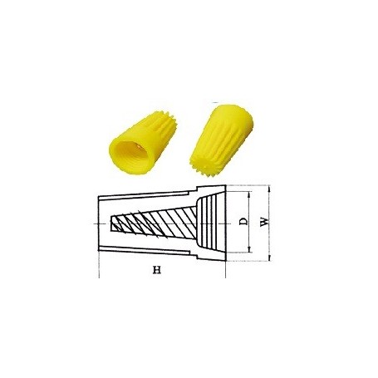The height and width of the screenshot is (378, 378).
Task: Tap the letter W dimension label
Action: pos(263,223)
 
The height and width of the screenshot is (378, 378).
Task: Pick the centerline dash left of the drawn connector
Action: pos(90,223)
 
